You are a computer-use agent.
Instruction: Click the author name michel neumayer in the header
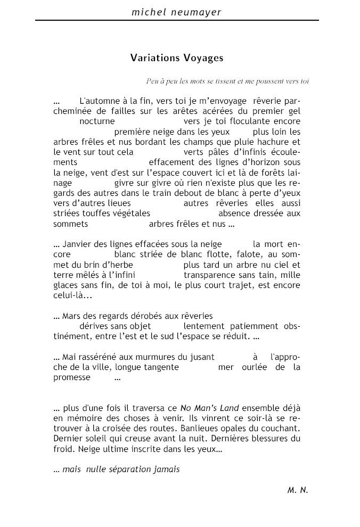[177, 11]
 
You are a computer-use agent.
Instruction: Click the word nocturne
[97, 121]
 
